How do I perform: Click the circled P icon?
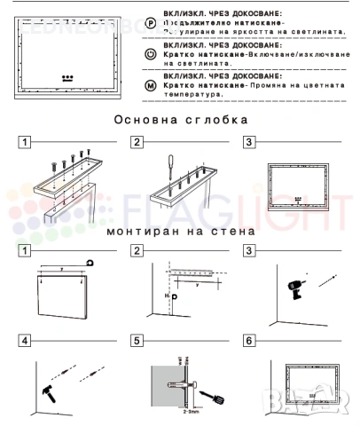click(x=150, y=22)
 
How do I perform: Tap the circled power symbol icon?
click(x=150, y=54)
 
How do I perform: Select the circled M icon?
click(x=150, y=85)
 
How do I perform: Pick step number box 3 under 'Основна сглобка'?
click(x=249, y=142)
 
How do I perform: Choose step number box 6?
click(x=249, y=341)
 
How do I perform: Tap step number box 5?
click(x=137, y=341)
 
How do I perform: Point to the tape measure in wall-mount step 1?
click(x=91, y=260)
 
